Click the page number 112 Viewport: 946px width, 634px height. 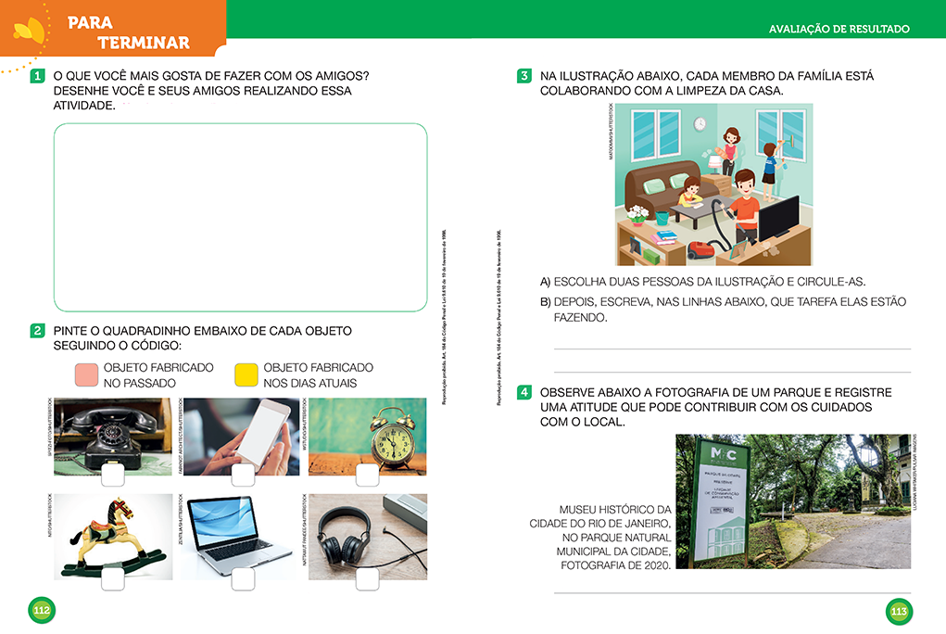(42, 611)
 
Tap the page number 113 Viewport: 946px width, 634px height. (898, 611)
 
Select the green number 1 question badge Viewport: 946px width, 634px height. (38, 75)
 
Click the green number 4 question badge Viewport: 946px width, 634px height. (523, 392)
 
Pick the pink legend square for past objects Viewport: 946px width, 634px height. (86, 374)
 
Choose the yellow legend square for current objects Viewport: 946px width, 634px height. (246, 374)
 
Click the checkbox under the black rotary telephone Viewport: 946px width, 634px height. (114, 475)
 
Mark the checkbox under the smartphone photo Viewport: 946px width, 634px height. (243, 475)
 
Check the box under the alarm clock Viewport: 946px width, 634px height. (367, 475)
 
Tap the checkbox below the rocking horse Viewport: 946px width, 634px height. (114, 579)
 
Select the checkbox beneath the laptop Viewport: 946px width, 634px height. (243, 579)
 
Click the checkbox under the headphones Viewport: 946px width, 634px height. (367, 579)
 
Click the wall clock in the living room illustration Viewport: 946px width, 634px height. (700, 123)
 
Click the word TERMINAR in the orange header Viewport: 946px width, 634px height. (144, 43)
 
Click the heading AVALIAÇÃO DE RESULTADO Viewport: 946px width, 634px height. (839, 30)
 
